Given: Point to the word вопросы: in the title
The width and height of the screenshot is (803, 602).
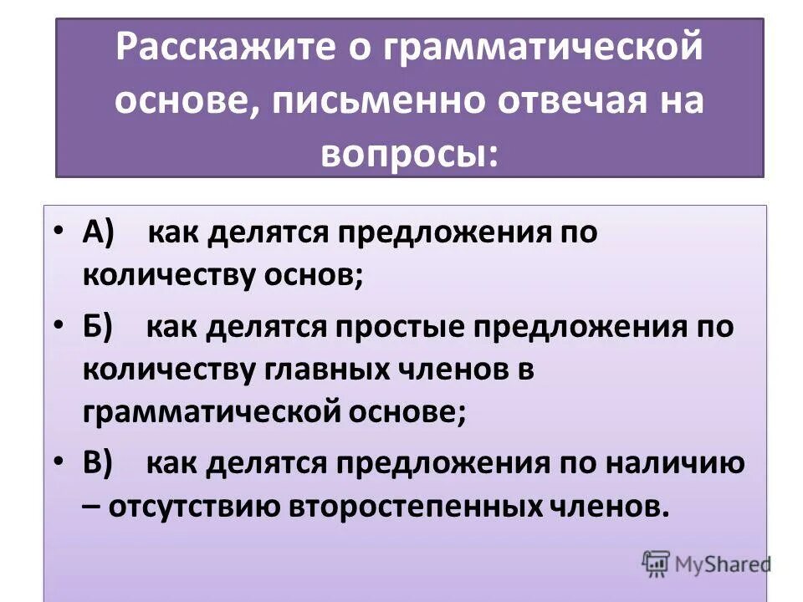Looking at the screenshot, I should pyautogui.click(x=410, y=152).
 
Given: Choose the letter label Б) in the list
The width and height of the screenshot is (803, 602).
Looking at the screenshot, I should pyautogui.click(x=101, y=326).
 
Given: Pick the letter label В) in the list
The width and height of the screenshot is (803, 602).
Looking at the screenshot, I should pyautogui.click(x=101, y=462).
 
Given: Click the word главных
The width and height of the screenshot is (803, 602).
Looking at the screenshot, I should pyautogui.click(x=324, y=370).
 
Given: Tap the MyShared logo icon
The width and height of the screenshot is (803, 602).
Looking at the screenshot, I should pyautogui.click(x=657, y=563).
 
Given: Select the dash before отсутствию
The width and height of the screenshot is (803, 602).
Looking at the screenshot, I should pyautogui.click(x=90, y=507).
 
